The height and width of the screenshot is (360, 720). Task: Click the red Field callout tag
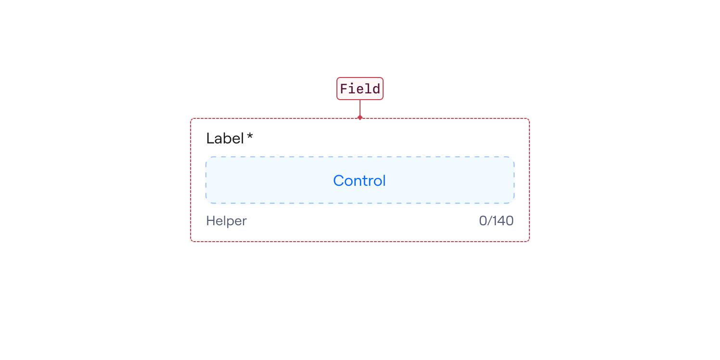[x=360, y=89]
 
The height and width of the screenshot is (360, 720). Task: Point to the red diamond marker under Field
[x=360, y=117]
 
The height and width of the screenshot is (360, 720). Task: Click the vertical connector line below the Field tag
[x=360, y=108]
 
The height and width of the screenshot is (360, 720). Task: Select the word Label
[x=225, y=139]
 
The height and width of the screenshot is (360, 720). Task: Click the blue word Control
[x=360, y=180]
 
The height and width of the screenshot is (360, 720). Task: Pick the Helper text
[x=226, y=221]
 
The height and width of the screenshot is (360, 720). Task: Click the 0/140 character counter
[x=496, y=221]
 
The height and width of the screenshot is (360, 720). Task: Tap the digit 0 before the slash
[x=483, y=221]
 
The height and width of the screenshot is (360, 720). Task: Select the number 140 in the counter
[x=503, y=221]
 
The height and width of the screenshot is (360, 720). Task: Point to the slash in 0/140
[x=489, y=221]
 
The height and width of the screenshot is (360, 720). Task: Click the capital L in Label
[x=210, y=139]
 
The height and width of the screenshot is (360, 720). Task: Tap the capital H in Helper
[x=211, y=221]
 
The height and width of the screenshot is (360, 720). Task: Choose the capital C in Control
[x=339, y=180]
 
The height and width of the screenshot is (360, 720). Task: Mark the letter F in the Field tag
[x=344, y=89]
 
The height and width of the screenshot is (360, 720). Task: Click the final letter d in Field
[x=376, y=89]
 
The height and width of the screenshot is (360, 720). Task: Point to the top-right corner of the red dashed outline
[x=529, y=118]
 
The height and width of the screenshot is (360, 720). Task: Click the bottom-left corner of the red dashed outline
[x=191, y=242]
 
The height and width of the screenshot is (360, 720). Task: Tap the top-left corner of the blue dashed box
[x=206, y=157]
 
